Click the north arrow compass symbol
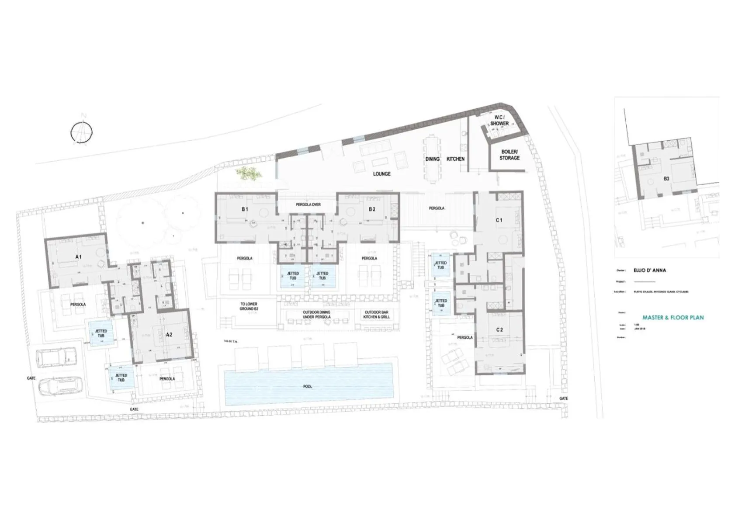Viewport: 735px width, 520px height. pyautogui.click(x=82, y=131)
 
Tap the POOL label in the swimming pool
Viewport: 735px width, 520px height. pyautogui.click(x=308, y=387)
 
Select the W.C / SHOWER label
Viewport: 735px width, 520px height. pyautogui.click(x=499, y=121)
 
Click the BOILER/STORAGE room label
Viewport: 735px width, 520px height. pyautogui.click(x=510, y=155)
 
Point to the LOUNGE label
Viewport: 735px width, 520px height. pyautogui.click(x=381, y=174)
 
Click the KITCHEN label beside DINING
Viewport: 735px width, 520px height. pyautogui.click(x=455, y=159)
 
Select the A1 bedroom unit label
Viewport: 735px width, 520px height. pyautogui.click(x=78, y=257)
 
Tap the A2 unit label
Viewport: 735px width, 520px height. pyautogui.click(x=169, y=335)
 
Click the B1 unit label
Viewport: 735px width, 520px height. pyautogui.click(x=245, y=209)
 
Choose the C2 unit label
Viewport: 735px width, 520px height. pyautogui.click(x=499, y=330)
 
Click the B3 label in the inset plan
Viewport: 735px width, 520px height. pyautogui.click(x=666, y=179)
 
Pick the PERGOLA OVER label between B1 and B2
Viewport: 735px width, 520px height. pyautogui.click(x=308, y=205)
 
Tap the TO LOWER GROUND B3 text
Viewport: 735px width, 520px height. pyautogui.click(x=249, y=306)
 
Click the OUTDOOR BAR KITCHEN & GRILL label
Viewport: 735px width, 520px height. pyautogui.click(x=376, y=315)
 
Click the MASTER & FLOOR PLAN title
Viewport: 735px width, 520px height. pyautogui.click(x=673, y=318)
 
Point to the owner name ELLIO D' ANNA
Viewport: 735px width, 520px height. pyautogui.click(x=650, y=270)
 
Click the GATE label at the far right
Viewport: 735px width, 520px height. pyautogui.click(x=564, y=399)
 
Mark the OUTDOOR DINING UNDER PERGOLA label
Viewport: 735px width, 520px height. pyautogui.click(x=316, y=315)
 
